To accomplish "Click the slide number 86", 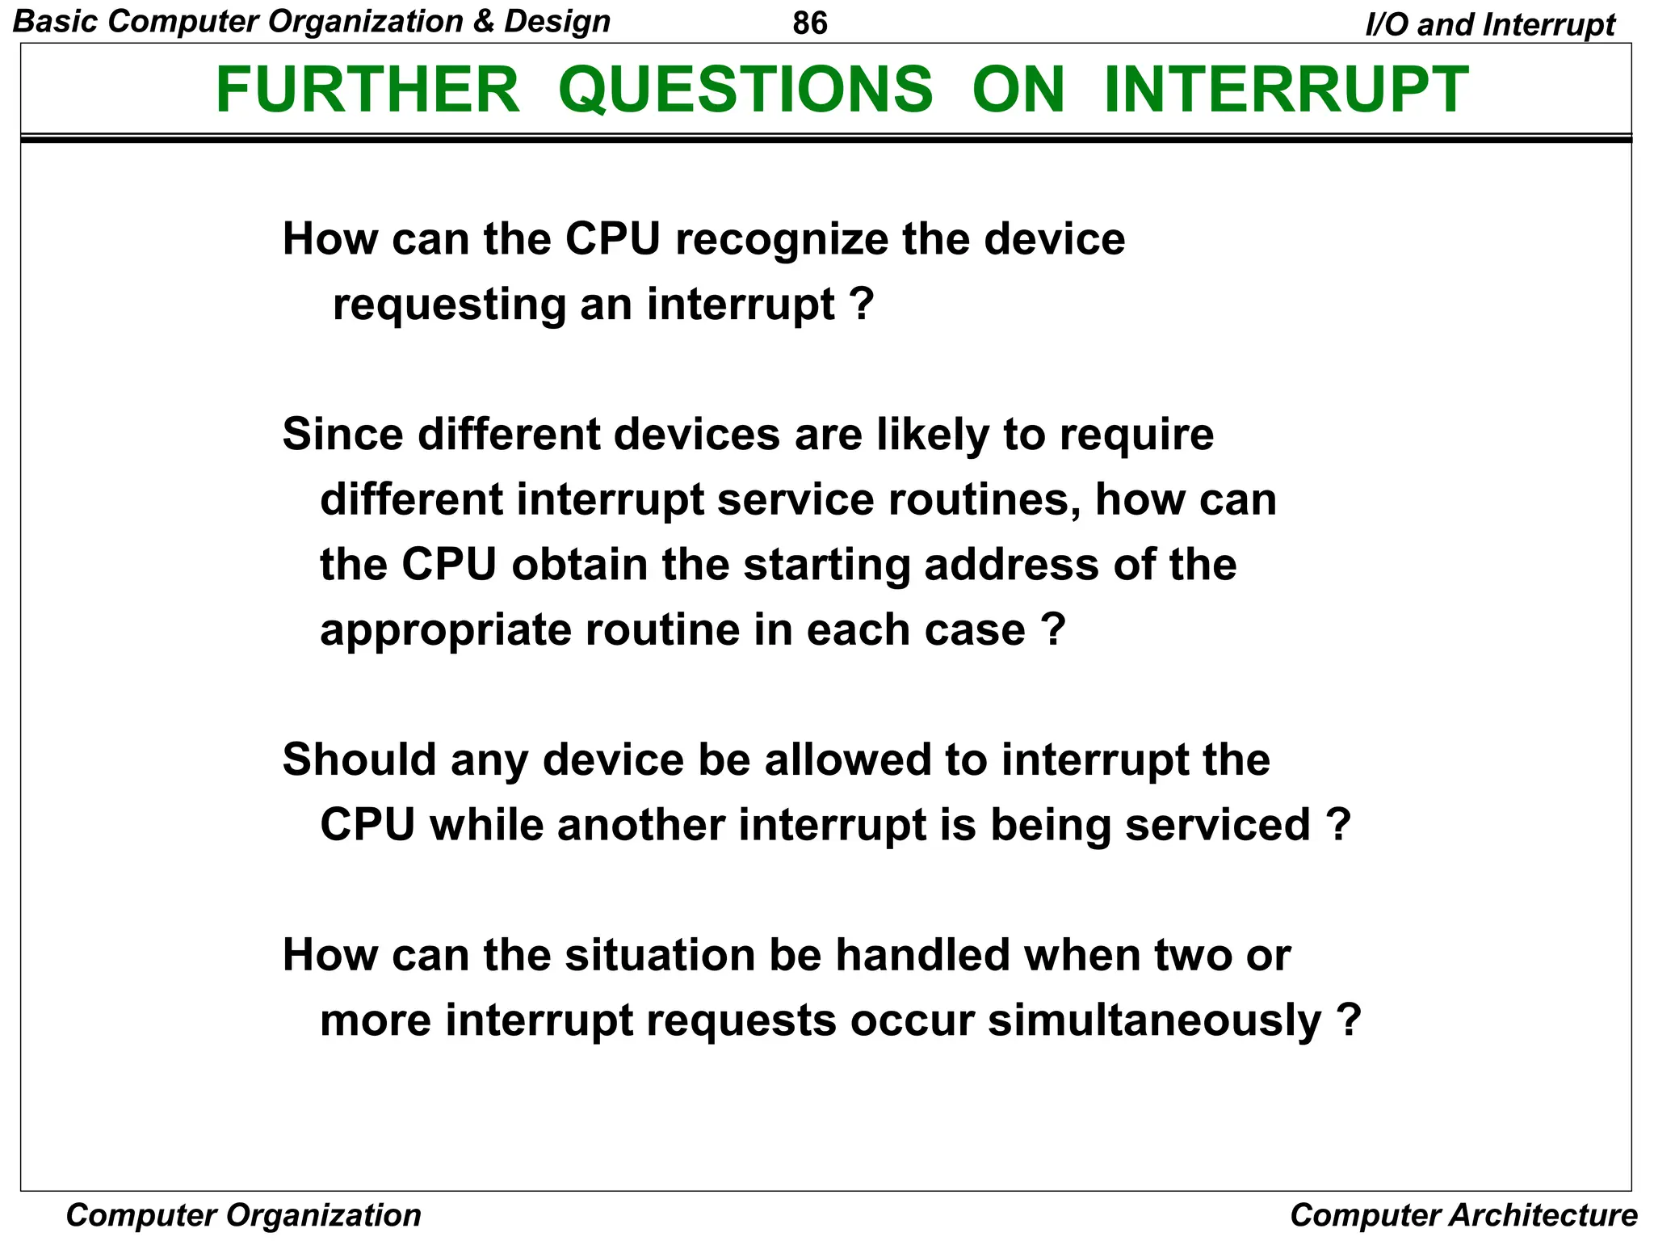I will [x=810, y=23].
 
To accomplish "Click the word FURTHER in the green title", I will [x=367, y=90].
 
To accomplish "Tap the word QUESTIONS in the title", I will [x=745, y=90].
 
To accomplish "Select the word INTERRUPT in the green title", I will [x=1286, y=90].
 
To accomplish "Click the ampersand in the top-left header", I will [x=483, y=22].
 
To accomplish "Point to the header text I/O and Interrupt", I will [x=1490, y=25].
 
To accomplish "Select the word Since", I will [x=342, y=434].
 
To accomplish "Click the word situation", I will [x=660, y=955].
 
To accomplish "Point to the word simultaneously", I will [x=1154, y=1020].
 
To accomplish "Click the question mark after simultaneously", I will [x=1349, y=1020].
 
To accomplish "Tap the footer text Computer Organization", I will [x=243, y=1215].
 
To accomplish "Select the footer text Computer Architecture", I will [x=1463, y=1215].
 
